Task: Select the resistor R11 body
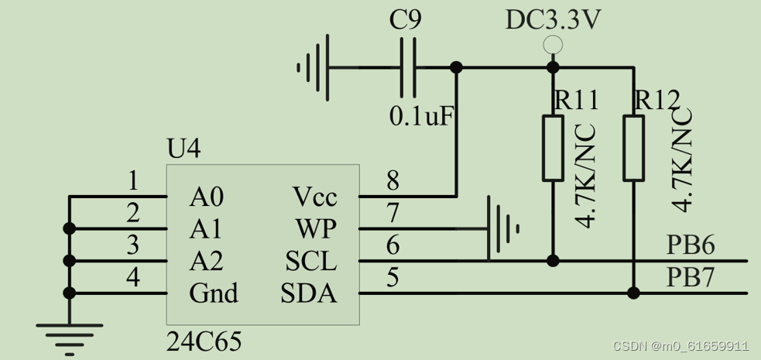tap(552, 148)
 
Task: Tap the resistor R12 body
tap(633, 148)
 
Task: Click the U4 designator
tap(183, 149)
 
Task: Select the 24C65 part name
tap(204, 341)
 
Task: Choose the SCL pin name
tap(311, 262)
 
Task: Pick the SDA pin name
tap(309, 293)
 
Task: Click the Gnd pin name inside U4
tap(213, 293)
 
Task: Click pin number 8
tap(392, 181)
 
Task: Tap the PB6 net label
tap(690, 246)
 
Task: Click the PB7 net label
tap(690, 278)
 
